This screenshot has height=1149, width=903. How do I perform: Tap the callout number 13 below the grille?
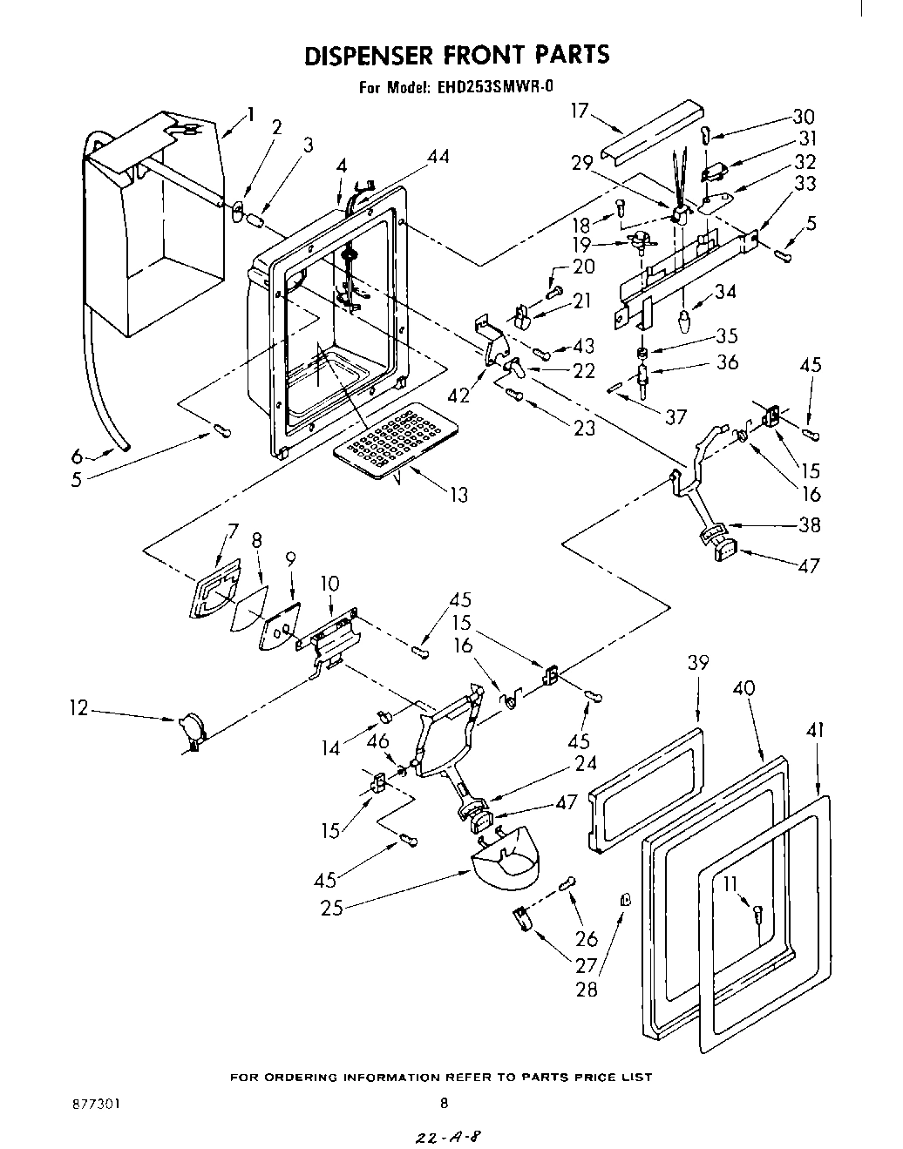458,495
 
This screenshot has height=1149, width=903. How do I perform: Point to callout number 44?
438,157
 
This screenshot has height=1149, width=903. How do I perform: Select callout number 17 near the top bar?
580,111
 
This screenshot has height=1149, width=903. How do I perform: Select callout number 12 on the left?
79,708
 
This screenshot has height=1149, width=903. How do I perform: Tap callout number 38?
810,525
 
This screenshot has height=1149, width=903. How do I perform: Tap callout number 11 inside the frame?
730,884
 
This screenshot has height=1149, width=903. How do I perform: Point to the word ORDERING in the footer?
310,1078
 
